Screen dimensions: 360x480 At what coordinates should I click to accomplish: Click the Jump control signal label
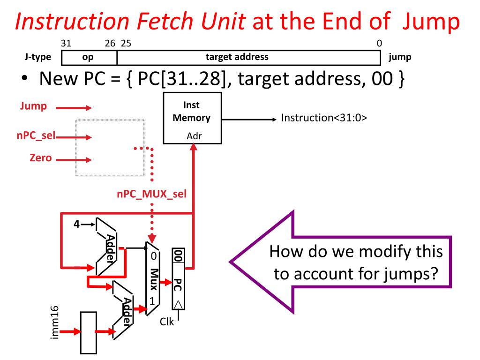pos(33,106)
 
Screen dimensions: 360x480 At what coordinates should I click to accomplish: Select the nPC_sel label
pos(33,136)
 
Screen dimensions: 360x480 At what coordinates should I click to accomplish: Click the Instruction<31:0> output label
pos(323,118)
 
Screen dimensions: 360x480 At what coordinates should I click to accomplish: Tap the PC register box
pos(178,279)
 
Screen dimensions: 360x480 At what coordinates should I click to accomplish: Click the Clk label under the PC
pos(167,322)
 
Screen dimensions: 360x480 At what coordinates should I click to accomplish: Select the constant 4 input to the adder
pos(76,224)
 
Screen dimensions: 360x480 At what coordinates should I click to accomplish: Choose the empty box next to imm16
pos(88,331)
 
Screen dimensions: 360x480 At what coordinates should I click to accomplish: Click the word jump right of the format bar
pos(400,57)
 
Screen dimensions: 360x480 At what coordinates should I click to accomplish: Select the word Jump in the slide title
pos(428,23)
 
